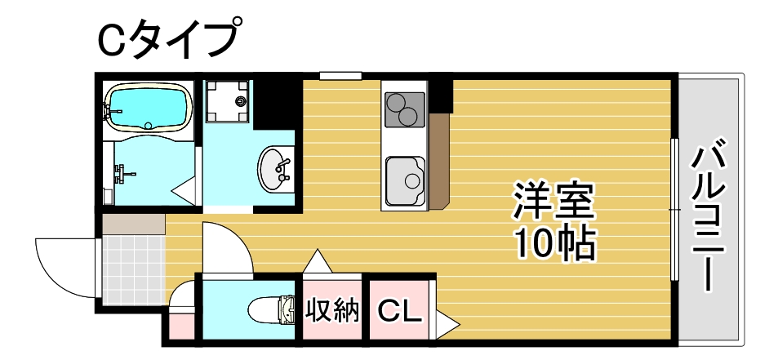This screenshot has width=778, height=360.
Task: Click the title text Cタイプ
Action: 170,38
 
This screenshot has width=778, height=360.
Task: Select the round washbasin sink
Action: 276,169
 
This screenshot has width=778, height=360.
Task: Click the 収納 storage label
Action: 332,310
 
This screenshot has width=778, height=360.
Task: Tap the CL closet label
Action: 399,310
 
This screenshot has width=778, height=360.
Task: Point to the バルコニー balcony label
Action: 708,217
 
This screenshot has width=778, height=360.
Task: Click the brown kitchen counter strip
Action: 438,160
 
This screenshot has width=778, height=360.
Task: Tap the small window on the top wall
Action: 340,76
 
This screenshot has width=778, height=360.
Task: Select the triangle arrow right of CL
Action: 445,324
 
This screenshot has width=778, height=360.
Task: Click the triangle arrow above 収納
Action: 317,262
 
